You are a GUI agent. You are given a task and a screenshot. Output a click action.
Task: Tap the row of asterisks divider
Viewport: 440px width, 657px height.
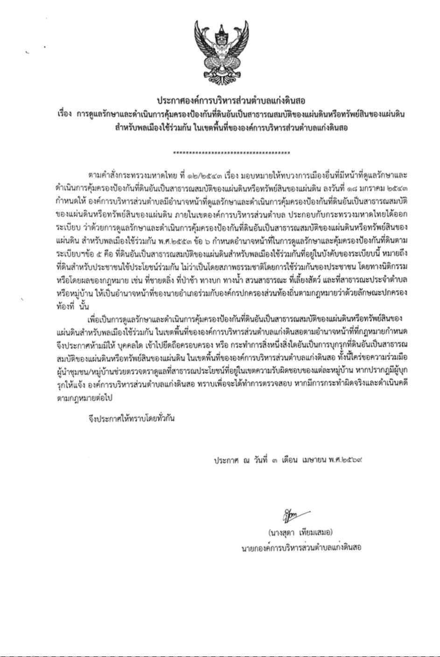[231, 153]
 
